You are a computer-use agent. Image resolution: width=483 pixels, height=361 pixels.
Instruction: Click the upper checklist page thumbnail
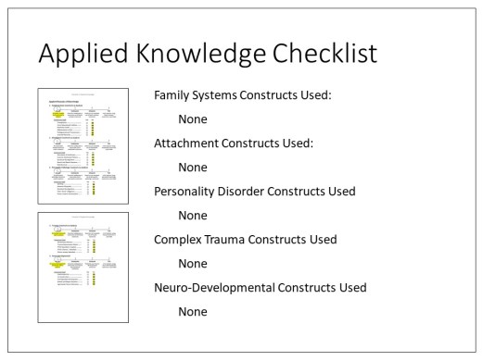[x=83, y=145]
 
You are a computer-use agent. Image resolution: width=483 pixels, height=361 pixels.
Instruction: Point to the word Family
[x=175, y=95]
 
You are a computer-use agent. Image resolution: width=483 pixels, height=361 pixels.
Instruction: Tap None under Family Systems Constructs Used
[x=193, y=119]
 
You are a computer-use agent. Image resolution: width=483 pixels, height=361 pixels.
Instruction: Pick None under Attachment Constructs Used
[x=193, y=168]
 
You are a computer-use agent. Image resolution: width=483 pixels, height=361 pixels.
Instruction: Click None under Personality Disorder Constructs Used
[x=193, y=216]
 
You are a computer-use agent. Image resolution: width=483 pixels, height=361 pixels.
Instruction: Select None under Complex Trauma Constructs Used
[x=193, y=264]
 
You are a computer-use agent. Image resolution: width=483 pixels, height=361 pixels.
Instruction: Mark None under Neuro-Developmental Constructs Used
[x=193, y=312]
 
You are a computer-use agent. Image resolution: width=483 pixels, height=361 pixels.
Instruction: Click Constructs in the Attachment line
[x=267, y=143]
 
